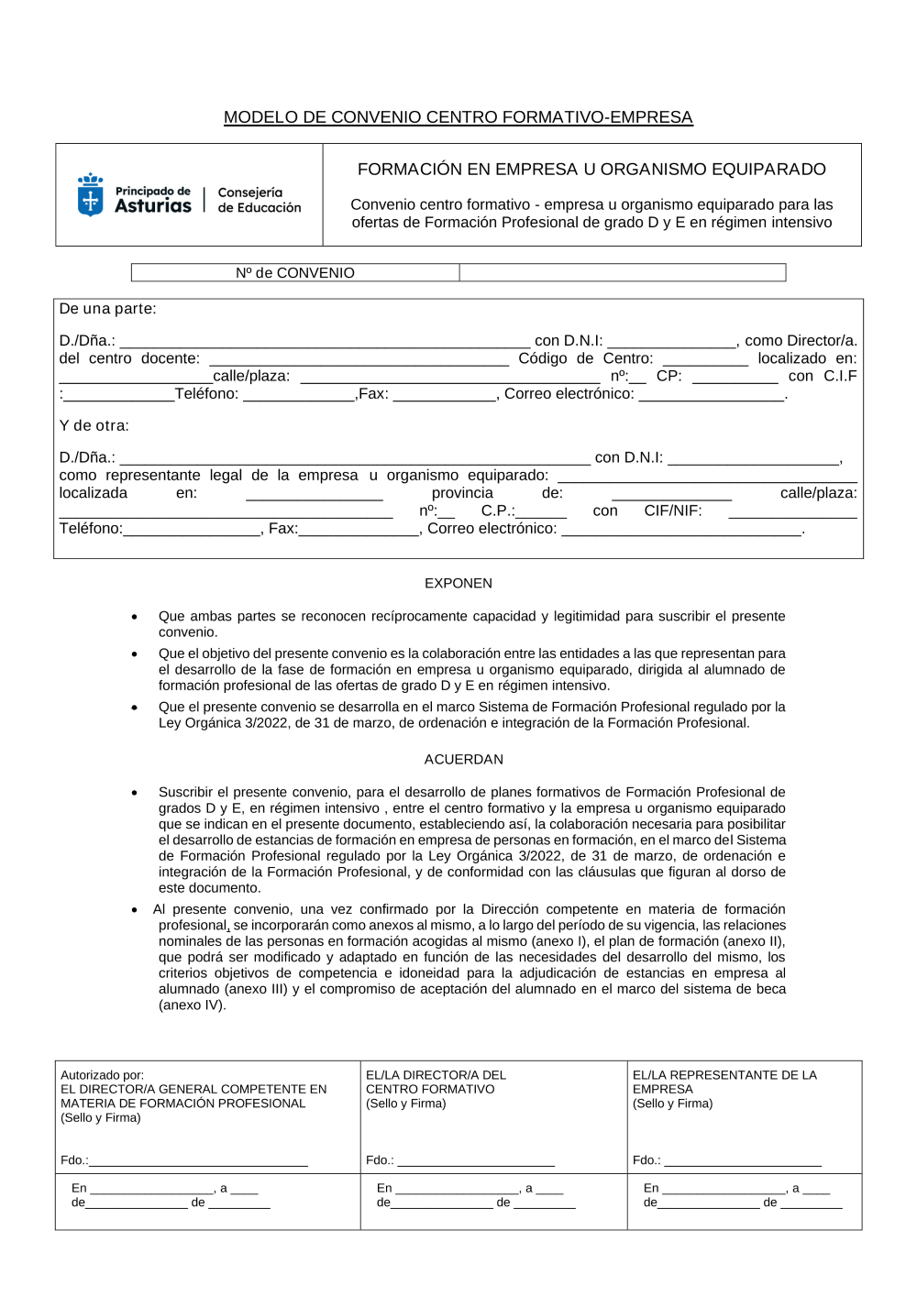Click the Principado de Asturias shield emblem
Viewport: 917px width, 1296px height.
(x=90, y=195)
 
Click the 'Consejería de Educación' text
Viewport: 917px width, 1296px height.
(x=259, y=200)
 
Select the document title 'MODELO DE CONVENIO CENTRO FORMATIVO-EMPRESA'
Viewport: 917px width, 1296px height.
(x=458, y=117)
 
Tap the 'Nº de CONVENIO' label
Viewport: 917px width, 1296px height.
(x=294, y=273)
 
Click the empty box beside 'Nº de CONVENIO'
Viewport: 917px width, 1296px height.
(x=622, y=273)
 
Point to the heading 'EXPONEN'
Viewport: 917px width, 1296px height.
(x=458, y=583)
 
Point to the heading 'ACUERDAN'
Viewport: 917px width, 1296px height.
(x=463, y=759)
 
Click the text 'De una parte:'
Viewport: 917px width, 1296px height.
(x=107, y=309)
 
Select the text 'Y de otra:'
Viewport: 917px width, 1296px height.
(x=94, y=425)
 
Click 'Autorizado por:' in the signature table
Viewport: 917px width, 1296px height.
(x=102, y=1075)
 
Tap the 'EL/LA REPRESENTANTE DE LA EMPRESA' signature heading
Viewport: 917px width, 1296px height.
(x=724, y=1082)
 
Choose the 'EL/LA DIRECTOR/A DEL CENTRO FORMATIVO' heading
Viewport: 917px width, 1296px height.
(x=436, y=1082)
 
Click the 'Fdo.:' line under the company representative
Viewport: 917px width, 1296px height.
(x=742, y=1161)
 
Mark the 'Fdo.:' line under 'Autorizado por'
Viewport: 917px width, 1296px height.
(x=197, y=1161)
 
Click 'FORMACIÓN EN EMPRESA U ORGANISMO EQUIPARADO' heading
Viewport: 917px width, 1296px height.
(x=591, y=170)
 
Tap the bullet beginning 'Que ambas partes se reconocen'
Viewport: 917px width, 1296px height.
(x=135, y=617)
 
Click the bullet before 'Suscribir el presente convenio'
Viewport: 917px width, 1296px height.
(x=135, y=793)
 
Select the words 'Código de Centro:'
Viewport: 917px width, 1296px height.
(x=585, y=358)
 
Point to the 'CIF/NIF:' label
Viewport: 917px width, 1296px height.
(x=672, y=511)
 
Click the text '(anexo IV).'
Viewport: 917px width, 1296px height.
(x=192, y=1005)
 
